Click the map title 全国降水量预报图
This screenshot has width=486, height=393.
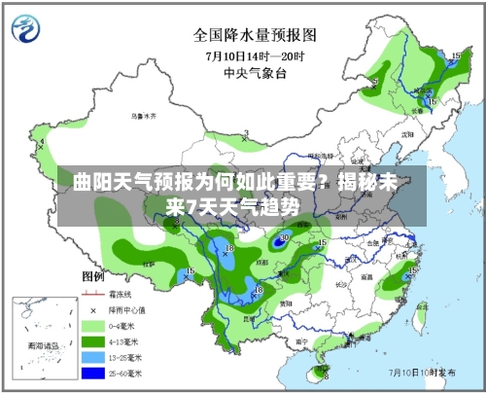pos(255,35)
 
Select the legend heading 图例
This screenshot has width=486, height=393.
pos(93,277)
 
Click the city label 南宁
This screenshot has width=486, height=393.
pos(301,341)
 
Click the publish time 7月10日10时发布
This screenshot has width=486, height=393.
pos(425,371)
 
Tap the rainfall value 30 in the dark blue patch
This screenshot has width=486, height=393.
pos(284,236)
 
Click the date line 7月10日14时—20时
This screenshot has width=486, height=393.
pos(255,54)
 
